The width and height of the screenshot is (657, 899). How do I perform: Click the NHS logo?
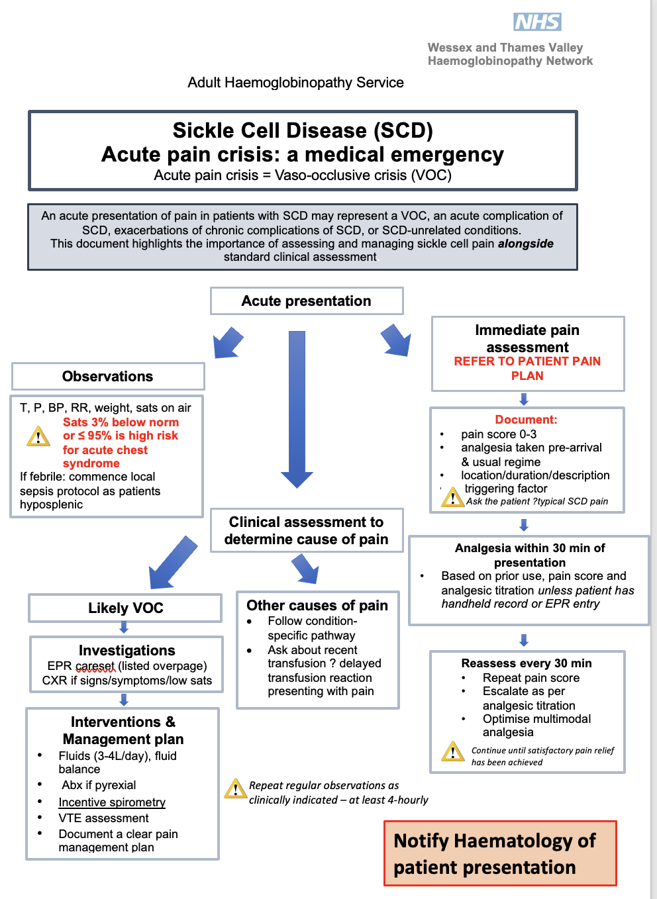[537, 22]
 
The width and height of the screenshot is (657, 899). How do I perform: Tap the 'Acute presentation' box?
[306, 301]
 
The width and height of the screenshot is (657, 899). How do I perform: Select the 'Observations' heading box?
[108, 377]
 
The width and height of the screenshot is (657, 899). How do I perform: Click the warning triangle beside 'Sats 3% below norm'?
[38, 437]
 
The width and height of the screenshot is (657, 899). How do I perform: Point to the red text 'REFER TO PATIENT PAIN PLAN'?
[527, 369]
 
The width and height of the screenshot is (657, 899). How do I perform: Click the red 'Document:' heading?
[527, 420]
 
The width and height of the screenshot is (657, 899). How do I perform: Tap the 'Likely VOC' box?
[125, 608]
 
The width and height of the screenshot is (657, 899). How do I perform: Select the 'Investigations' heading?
[126, 651]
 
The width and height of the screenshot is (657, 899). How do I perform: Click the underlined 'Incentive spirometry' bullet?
[112, 802]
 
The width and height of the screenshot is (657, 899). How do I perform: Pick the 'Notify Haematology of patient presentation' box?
[500, 853]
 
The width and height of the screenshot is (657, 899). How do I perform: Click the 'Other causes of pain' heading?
[317, 606]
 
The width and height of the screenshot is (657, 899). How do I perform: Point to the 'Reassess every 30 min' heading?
[527, 663]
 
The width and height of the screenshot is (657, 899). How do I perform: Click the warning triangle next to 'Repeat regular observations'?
[236, 788]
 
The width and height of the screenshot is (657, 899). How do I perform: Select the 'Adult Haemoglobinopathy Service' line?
[295, 83]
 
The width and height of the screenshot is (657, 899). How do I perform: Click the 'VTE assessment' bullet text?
[103, 818]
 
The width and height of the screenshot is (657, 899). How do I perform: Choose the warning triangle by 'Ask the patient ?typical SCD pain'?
[452, 497]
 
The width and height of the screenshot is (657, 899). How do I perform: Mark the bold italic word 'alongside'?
[526, 244]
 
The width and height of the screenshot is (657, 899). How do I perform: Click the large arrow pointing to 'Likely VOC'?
[172, 563]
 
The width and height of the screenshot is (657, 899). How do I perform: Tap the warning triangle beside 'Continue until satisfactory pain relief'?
[453, 752]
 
